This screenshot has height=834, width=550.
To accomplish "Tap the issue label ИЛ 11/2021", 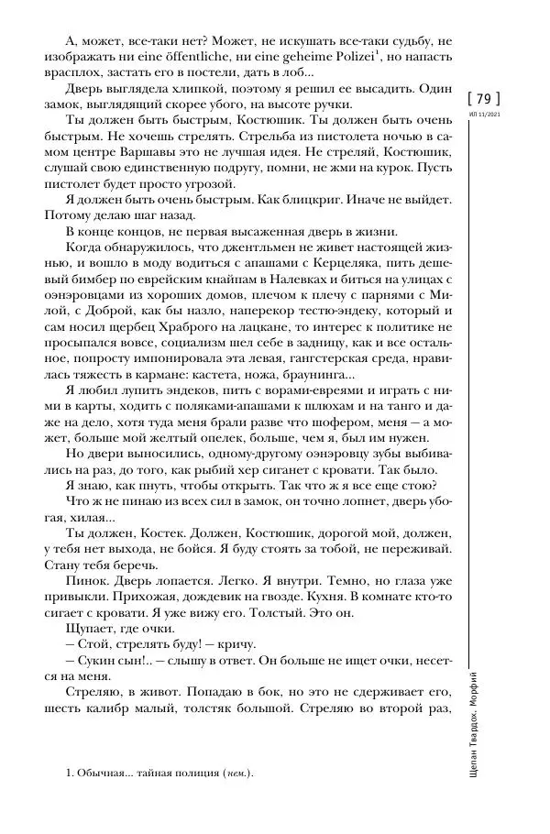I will [x=484, y=115].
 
